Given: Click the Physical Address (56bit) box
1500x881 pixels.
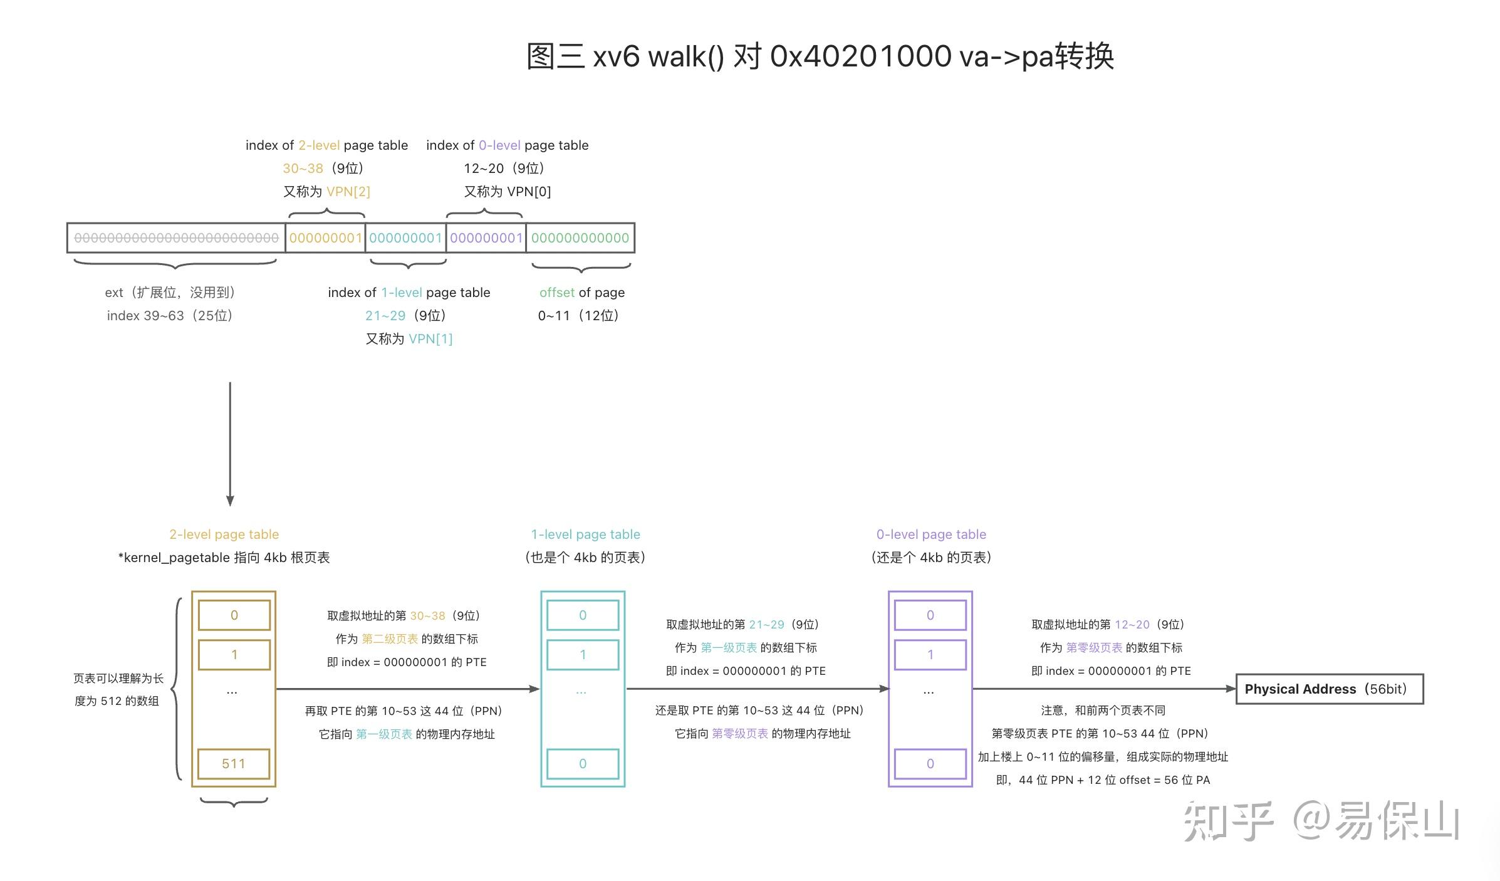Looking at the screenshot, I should tap(1329, 689).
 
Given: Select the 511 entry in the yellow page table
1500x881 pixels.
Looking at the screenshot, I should tap(234, 764).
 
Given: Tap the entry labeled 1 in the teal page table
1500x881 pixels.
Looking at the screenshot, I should tap(583, 655).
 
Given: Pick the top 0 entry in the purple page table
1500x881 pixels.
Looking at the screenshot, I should tap(930, 615).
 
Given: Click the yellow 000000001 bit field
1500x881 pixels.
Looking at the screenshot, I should tap(325, 238).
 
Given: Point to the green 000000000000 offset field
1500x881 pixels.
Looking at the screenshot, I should tap(580, 238).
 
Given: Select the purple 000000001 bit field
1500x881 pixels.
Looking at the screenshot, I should tap(486, 238).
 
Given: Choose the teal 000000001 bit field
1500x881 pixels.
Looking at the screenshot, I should tap(405, 238).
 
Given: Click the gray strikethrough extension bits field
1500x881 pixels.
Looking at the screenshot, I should tap(176, 238).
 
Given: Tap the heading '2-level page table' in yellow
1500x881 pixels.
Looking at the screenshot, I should tap(224, 534).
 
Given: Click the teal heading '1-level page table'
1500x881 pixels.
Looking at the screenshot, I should tap(585, 534).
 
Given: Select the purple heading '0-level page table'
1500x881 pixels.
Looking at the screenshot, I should tap(931, 534).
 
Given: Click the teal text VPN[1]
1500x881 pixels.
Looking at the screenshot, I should tap(430, 339).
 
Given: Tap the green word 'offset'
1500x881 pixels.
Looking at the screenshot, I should tap(556, 293).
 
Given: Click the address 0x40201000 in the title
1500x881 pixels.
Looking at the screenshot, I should tap(860, 56).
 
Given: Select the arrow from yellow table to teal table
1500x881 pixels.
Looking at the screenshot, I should tap(407, 689).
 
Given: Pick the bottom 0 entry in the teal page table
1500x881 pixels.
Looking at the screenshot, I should tap(583, 764).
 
